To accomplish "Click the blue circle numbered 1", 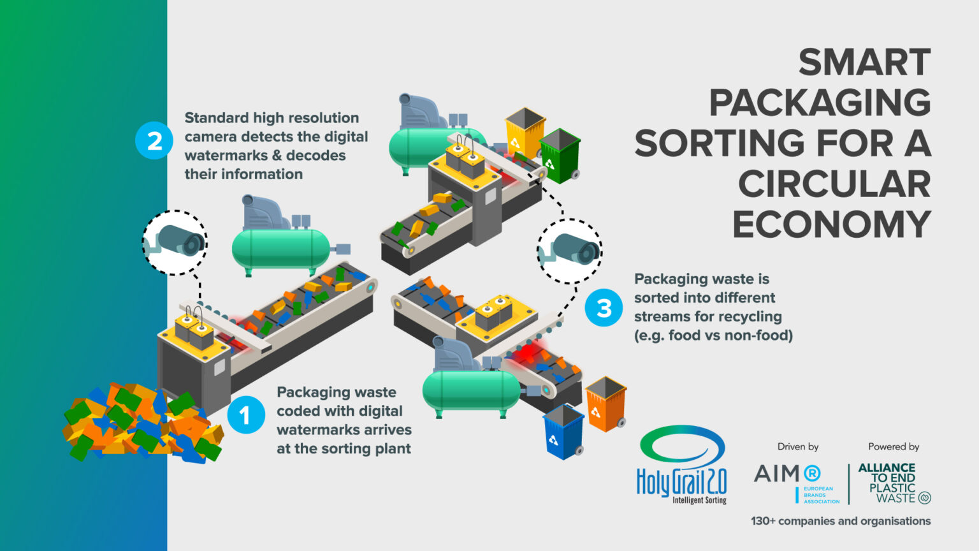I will point(246,415).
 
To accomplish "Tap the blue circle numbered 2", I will point(154,140).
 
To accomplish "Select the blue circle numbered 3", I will point(604,308).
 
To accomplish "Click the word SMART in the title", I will point(864,62).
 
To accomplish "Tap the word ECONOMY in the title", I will point(831,224).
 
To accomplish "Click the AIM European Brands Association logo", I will point(797,482).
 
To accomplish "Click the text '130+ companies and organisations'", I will point(841,521).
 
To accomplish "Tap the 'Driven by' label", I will point(797,446).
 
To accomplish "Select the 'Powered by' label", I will point(894,446).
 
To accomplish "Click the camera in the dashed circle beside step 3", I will point(570,250).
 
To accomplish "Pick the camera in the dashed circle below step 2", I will point(175,242).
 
